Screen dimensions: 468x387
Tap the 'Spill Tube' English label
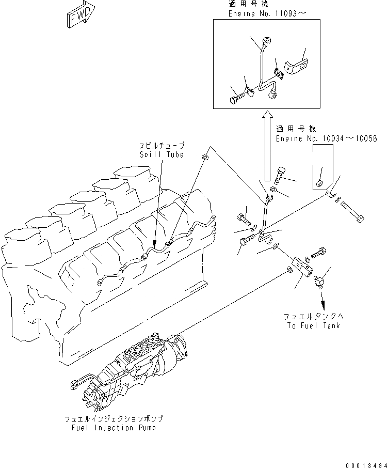[x=162, y=154]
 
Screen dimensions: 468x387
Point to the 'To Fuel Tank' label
[x=313, y=325]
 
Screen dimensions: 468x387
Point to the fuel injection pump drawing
[x=129, y=366]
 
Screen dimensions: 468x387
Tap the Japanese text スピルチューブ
[x=161, y=146]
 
